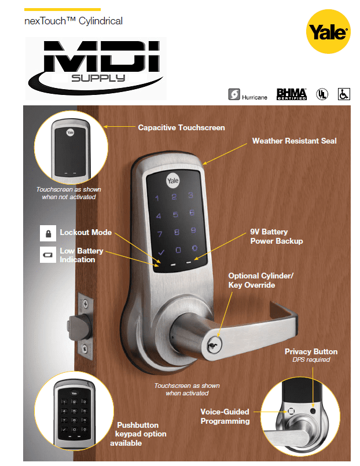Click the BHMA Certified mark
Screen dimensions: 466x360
coord(291,94)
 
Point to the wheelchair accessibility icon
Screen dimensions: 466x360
coord(344,94)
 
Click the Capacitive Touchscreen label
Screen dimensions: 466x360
coord(181,127)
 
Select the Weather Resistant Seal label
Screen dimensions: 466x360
coord(294,141)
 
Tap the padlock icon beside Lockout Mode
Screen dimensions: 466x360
coord(48,233)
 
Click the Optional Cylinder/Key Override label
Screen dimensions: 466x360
coord(260,281)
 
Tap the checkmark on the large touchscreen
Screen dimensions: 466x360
coord(161,252)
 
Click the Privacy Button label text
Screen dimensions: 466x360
coord(311,352)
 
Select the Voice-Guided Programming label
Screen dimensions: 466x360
coord(225,416)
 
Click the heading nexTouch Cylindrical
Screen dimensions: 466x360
coord(74,21)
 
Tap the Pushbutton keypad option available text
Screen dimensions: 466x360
coord(141,434)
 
